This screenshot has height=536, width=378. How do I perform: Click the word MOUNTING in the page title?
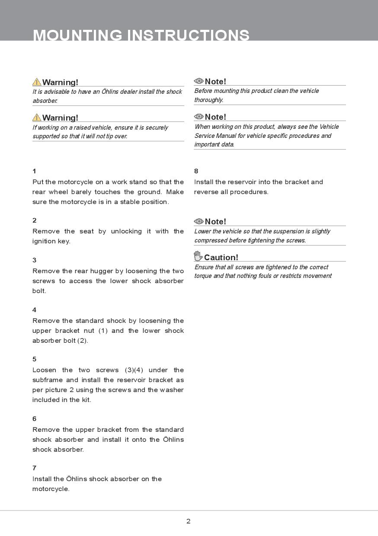point(77,35)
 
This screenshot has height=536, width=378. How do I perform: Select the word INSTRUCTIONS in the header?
point(188,35)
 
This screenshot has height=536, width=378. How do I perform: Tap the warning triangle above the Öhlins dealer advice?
point(37,82)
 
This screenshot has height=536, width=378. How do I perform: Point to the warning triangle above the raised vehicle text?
point(37,117)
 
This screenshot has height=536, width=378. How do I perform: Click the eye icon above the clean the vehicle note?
point(199,81)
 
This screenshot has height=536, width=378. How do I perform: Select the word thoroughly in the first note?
point(208,100)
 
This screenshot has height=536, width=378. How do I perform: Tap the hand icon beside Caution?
point(198,256)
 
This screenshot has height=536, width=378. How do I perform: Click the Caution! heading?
point(221,257)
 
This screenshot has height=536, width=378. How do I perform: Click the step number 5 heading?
point(34,359)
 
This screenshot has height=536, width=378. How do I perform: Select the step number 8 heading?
point(196,171)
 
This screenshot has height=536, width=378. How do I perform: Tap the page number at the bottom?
point(188,521)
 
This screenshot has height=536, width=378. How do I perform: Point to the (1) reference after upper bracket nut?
point(103,331)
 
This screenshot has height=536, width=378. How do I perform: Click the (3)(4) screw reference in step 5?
point(134,370)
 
